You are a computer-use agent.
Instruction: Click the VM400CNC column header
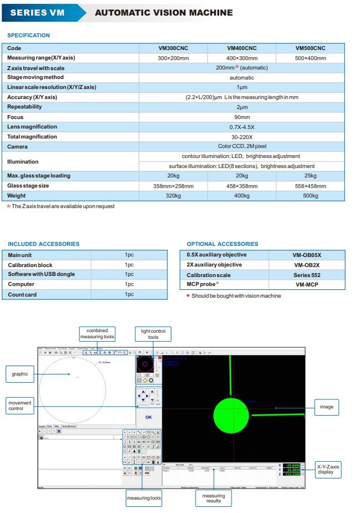pyautogui.click(x=242, y=48)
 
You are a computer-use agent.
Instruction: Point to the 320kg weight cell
pyautogui.click(x=174, y=196)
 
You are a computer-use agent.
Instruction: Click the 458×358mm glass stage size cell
pyautogui.click(x=242, y=186)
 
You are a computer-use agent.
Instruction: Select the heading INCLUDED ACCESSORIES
pyautogui.click(x=43, y=244)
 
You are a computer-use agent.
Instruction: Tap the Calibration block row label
pyautogui.click(x=30, y=265)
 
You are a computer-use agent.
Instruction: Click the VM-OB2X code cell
pyautogui.click(x=306, y=265)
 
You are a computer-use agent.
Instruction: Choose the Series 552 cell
pyautogui.click(x=306, y=275)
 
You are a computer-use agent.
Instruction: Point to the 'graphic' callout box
pyautogui.click(x=20, y=374)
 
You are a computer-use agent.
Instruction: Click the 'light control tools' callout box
pyautogui.click(x=153, y=334)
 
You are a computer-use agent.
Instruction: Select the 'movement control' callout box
pyautogui.click(x=19, y=406)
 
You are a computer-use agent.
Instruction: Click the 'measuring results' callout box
pyautogui.click(x=213, y=499)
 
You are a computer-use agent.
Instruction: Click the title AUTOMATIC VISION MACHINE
pyautogui.click(x=164, y=12)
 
